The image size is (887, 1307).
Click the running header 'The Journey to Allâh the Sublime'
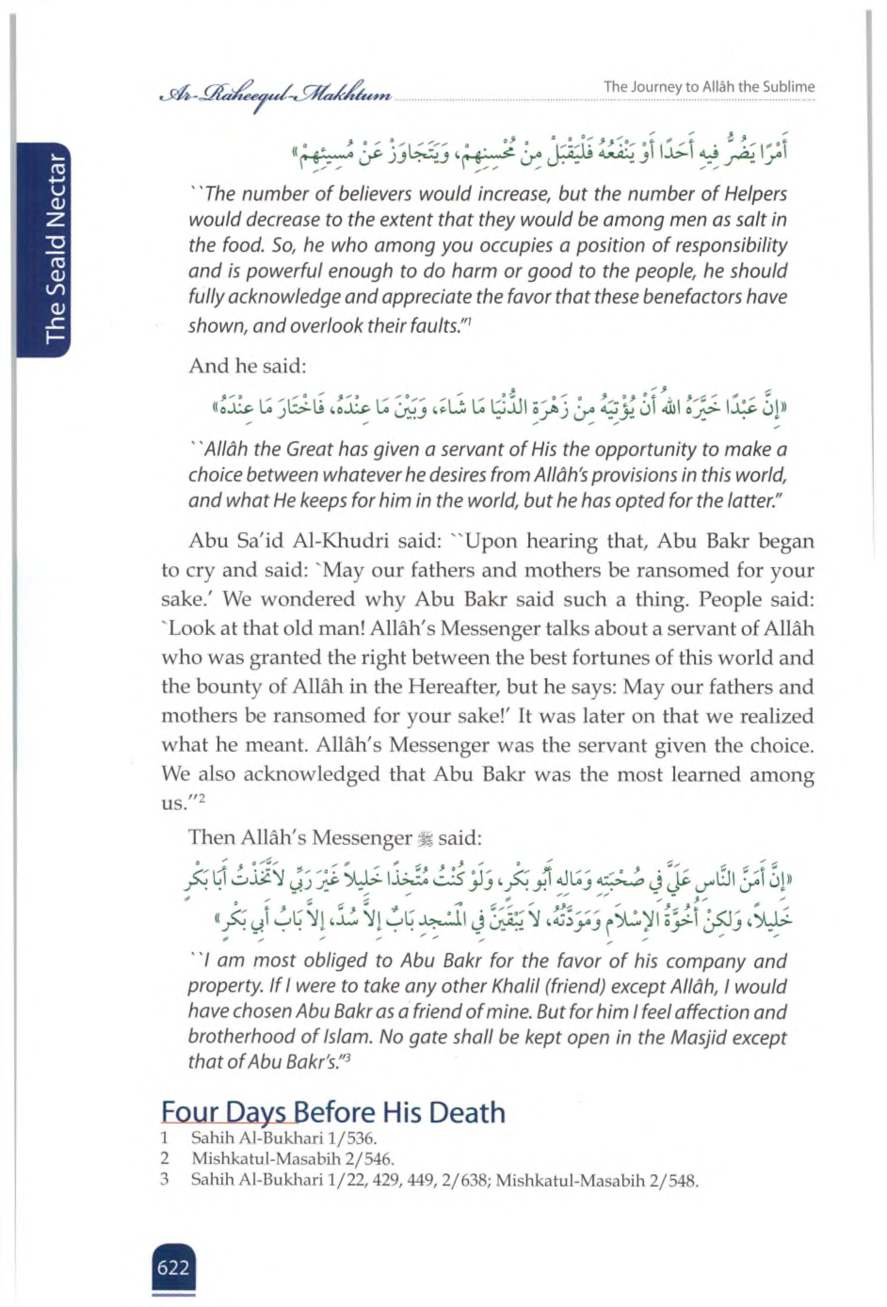pyautogui.click(x=709, y=87)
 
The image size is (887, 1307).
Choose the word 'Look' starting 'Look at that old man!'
pyautogui.click(x=190, y=628)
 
